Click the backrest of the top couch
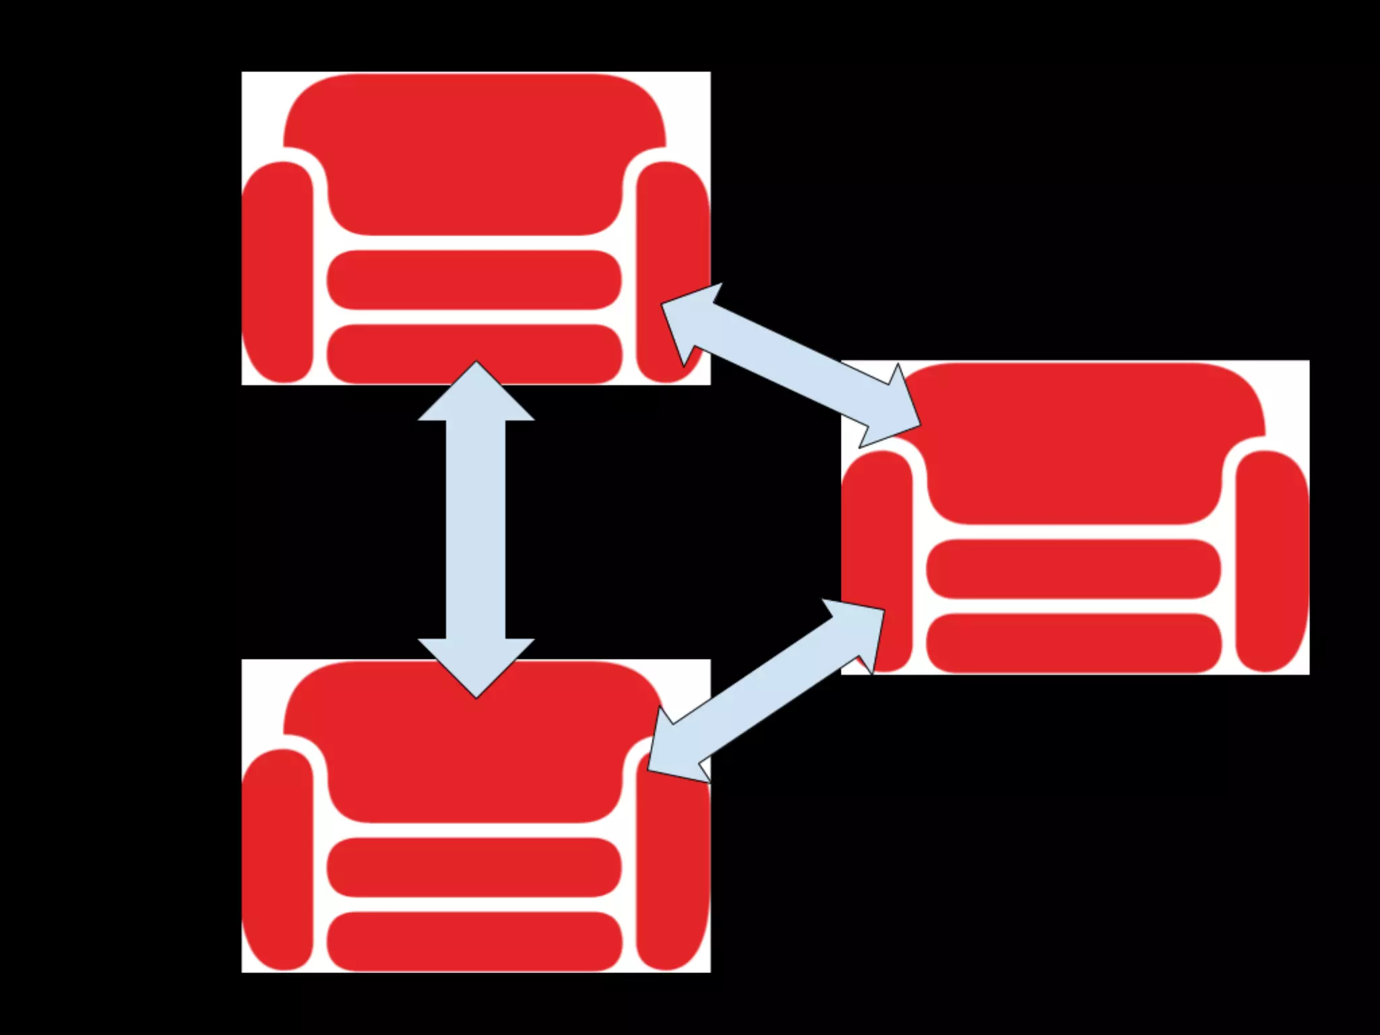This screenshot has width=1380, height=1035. [474, 155]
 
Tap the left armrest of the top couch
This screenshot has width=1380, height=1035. [278, 270]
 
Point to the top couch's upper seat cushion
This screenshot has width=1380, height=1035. [474, 280]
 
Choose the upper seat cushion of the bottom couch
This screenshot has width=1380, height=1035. [474, 867]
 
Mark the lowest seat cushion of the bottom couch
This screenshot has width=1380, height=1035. [474, 941]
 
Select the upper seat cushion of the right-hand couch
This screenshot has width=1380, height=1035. [1073, 569]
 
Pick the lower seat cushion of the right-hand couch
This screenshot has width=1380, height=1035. [1073, 643]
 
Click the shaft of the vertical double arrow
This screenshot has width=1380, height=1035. [476, 530]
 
